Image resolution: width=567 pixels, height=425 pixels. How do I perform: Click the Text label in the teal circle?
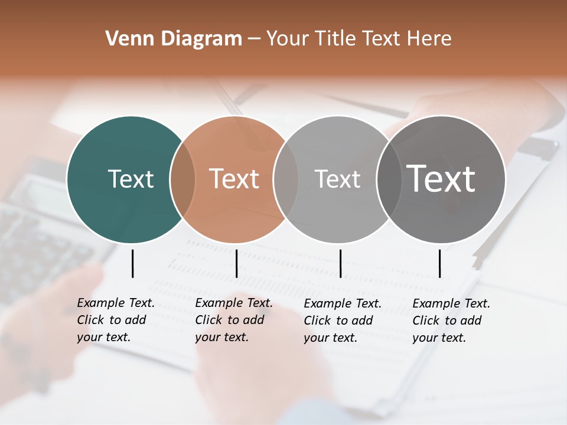pos(131,179)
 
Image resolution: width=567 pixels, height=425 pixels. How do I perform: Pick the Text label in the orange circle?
pos(234,179)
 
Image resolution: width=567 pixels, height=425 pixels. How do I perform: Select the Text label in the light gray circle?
pos(337,179)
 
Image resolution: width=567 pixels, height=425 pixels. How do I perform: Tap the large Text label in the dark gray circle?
pos(441,179)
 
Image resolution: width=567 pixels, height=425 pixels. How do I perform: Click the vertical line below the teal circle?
pos(132,263)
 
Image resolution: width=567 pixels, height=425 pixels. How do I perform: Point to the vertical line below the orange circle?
pos(236,263)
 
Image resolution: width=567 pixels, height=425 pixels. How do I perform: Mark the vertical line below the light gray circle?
pos(340,263)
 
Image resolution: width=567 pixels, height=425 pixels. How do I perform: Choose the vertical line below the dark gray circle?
pos(439,263)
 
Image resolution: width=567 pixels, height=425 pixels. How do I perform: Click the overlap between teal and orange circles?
pos(183,179)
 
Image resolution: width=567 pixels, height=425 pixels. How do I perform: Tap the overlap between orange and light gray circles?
pos(286,179)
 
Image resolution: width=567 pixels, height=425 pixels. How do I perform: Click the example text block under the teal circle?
pos(115,320)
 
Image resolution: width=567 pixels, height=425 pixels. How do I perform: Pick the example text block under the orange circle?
pos(233,320)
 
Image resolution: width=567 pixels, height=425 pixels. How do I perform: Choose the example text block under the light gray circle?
pos(342,320)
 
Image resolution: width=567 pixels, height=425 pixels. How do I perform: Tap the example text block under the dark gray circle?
pos(451,320)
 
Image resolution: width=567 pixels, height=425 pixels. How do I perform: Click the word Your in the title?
pos(288,39)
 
